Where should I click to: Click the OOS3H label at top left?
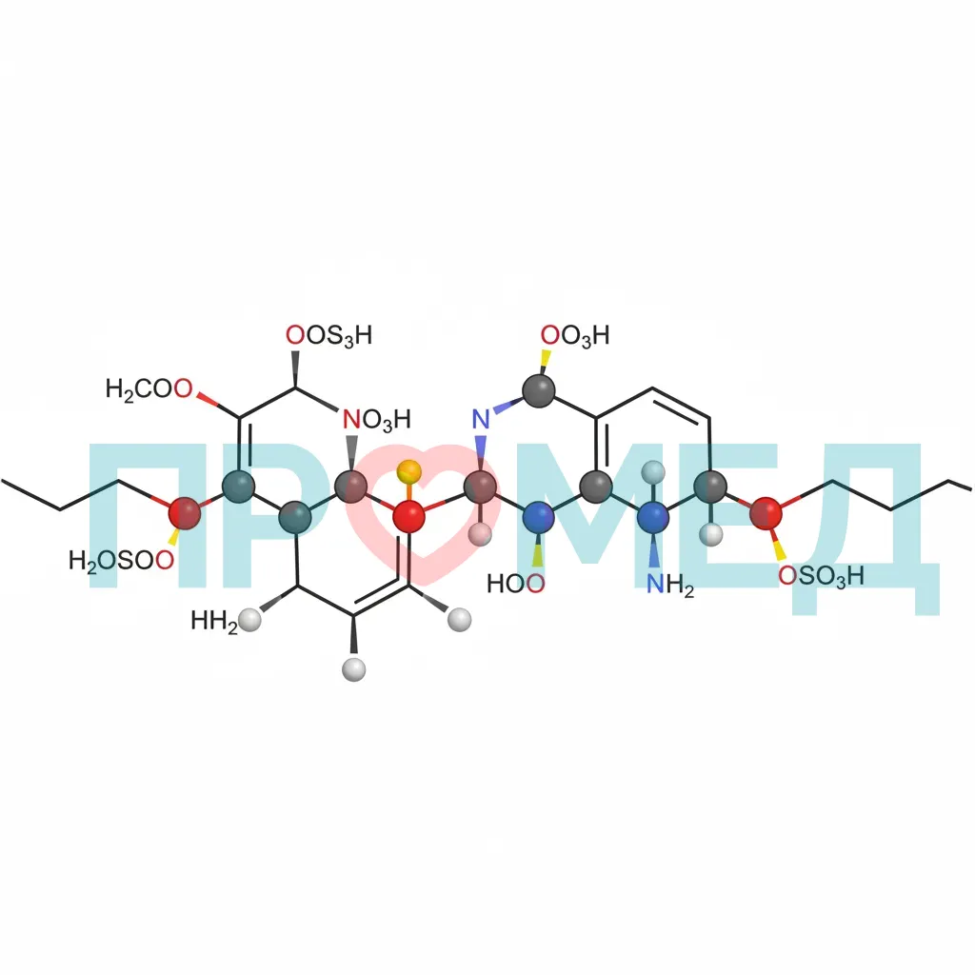[x=328, y=336]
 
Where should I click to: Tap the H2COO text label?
[x=149, y=389]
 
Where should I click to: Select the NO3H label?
[x=377, y=420]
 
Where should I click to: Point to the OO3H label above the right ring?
[x=575, y=336]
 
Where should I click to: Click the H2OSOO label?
[x=121, y=561]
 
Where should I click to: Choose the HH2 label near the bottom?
[x=214, y=621]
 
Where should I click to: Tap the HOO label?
[x=516, y=584]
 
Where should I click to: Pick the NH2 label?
[x=670, y=585]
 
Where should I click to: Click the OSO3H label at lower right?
[x=822, y=576]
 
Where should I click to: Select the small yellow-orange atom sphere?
[x=408, y=472]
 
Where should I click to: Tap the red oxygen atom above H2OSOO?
[x=185, y=513]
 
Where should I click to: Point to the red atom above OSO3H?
[x=766, y=513]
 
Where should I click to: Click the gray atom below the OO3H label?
[x=539, y=390]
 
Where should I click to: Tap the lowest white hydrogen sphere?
[x=354, y=669]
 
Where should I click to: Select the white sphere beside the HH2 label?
[x=250, y=621]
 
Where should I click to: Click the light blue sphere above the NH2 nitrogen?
[x=653, y=472]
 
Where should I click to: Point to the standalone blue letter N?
[x=481, y=420]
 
